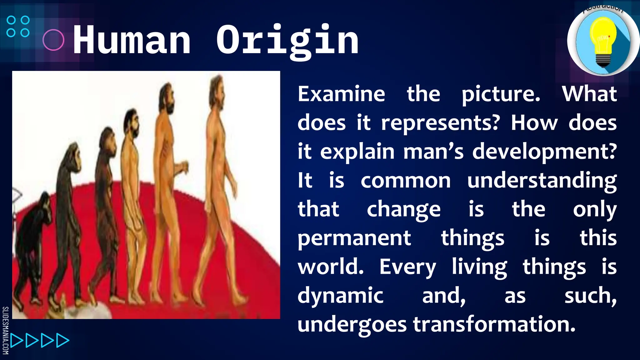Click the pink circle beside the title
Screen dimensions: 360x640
53,40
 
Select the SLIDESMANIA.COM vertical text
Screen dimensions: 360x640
5,330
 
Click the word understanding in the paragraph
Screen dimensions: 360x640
542,181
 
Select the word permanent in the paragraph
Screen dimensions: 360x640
354,238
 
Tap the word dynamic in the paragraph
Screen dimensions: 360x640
340,296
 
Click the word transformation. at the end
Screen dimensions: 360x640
494,324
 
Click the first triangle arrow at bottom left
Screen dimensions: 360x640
16,341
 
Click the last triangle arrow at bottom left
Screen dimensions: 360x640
62,341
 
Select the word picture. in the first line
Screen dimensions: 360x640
501,94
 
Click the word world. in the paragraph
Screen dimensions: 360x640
331,267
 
